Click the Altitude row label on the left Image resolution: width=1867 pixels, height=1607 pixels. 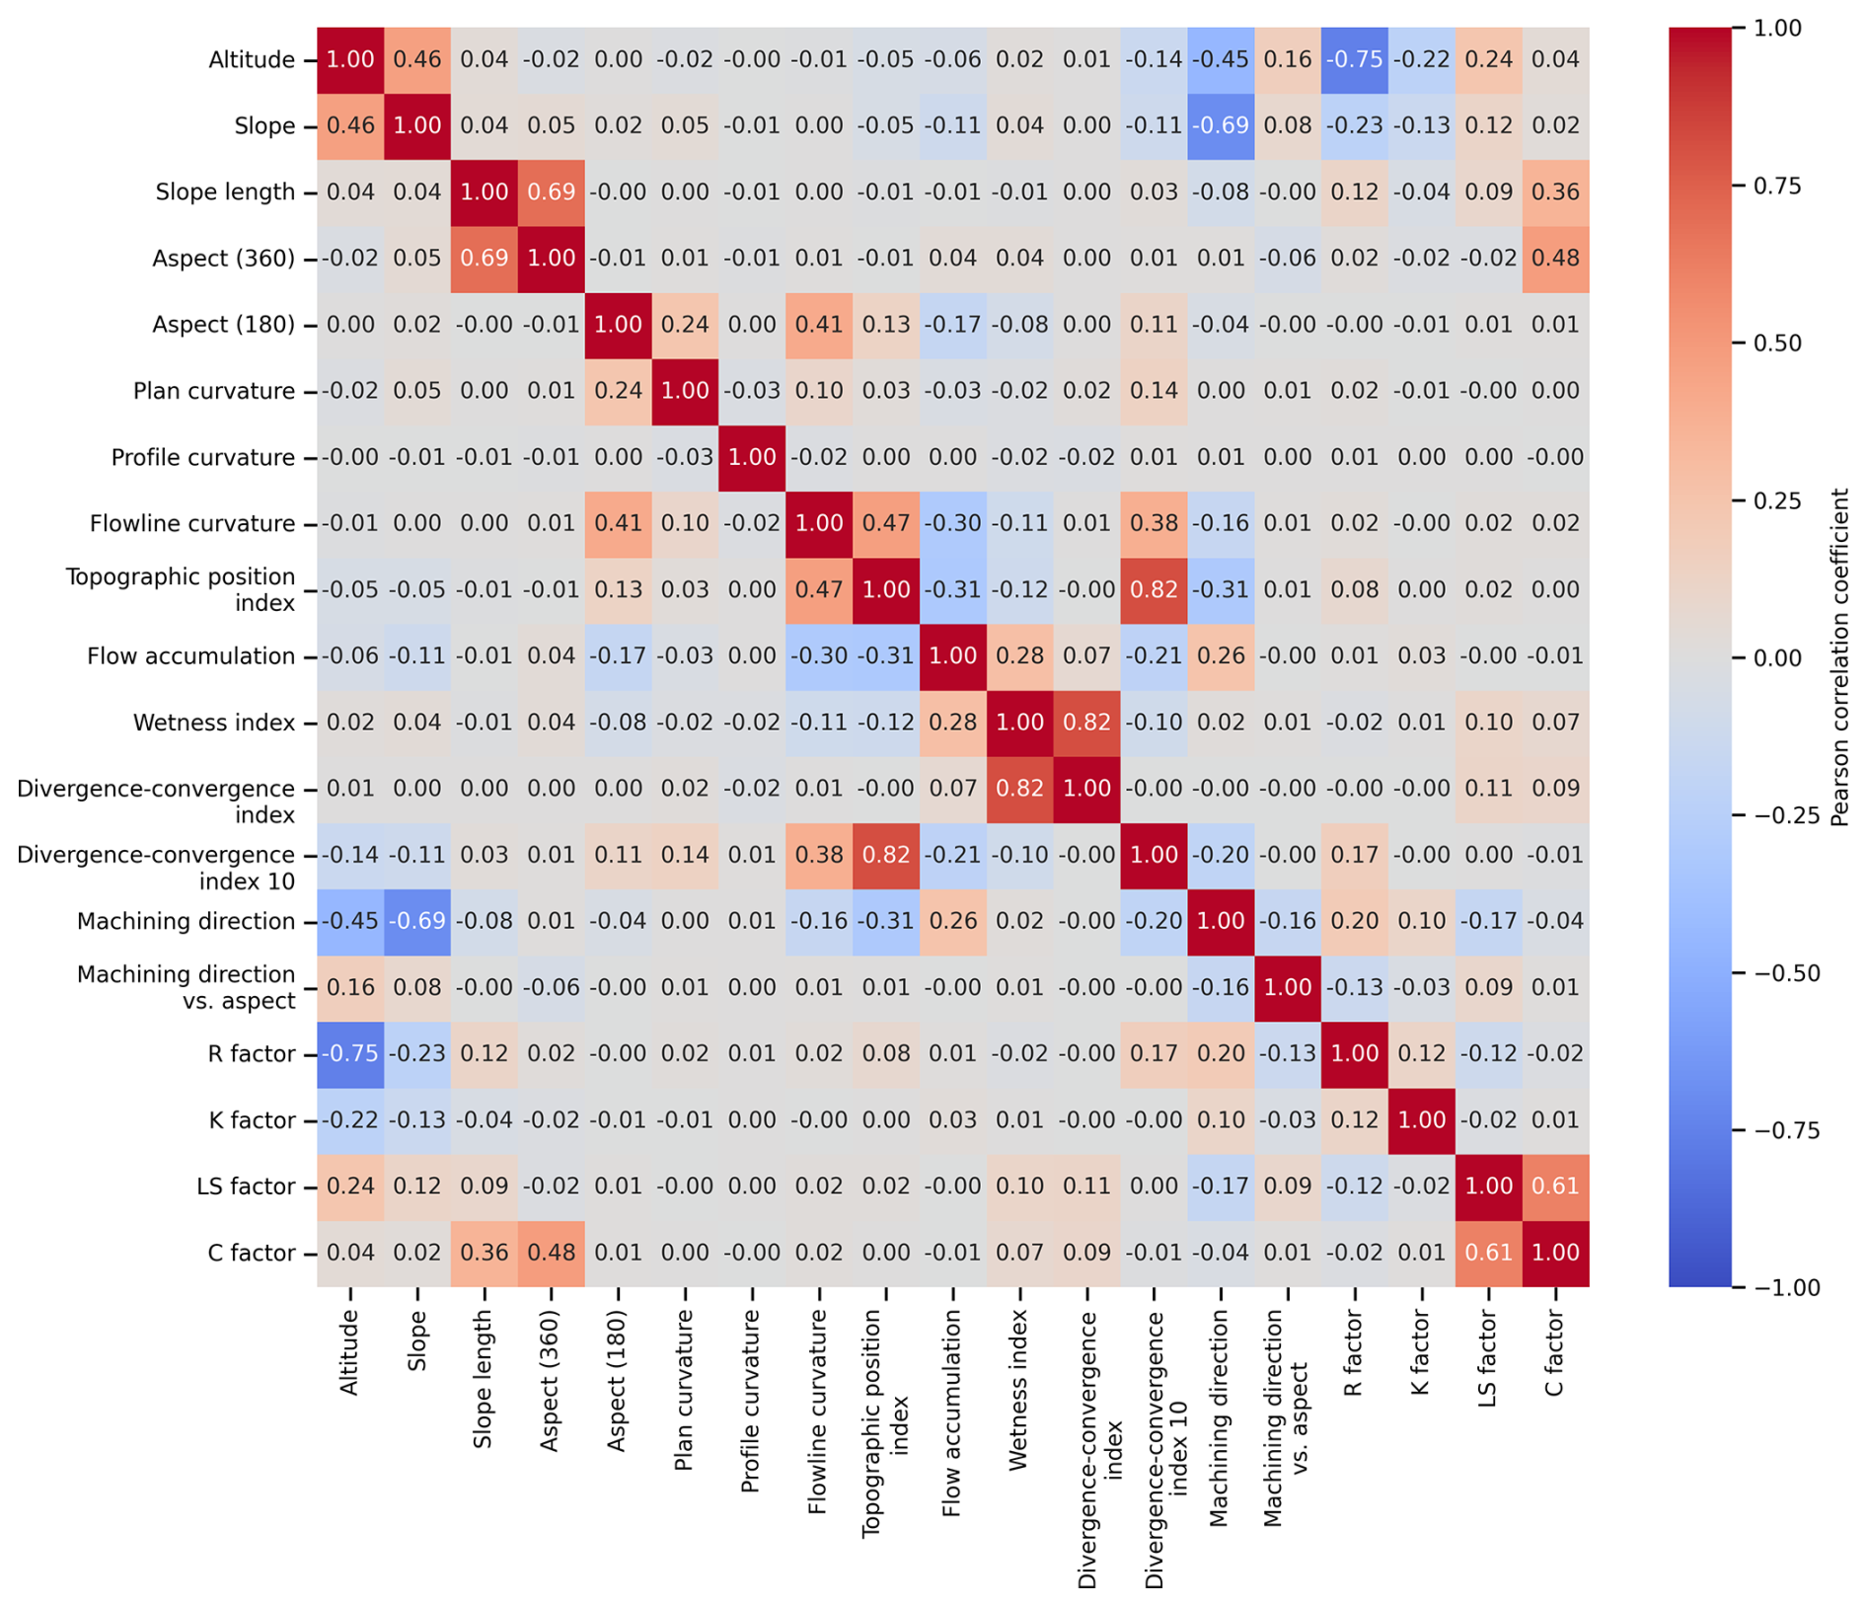click(x=251, y=60)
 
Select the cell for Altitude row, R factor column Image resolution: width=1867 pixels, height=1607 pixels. click(x=1354, y=60)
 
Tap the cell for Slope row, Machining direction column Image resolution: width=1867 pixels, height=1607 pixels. click(x=1221, y=126)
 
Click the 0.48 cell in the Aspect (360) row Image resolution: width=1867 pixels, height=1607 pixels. click(x=1555, y=259)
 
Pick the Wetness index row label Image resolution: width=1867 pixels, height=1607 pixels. click(x=214, y=723)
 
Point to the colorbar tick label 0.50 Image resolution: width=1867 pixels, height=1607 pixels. click(x=1777, y=344)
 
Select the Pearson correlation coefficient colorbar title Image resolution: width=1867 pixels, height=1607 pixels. click(x=1840, y=657)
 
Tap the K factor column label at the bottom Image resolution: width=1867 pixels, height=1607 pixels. click(x=1421, y=1353)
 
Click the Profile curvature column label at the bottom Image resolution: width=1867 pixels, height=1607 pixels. click(x=751, y=1401)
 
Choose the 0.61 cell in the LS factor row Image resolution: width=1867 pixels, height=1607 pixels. click(x=1555, y=1186)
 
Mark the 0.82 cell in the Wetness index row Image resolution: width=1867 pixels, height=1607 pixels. click(x=1086, y=723)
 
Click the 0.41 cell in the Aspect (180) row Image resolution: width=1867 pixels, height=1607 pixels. click(x=818, y=325)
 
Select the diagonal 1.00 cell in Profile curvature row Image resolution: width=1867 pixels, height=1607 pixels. click(x=752, y=458)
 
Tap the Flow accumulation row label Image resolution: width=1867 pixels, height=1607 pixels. click(x=190, y=656)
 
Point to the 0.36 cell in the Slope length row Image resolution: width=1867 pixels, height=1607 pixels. click(x=1555, y=192)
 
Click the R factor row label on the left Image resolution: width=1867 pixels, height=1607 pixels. click(x=251, y=1054)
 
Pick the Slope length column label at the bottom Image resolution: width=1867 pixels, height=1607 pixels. click(x=484, y=1380)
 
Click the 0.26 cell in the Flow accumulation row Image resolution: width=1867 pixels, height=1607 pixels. click(x=1221, y=656)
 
